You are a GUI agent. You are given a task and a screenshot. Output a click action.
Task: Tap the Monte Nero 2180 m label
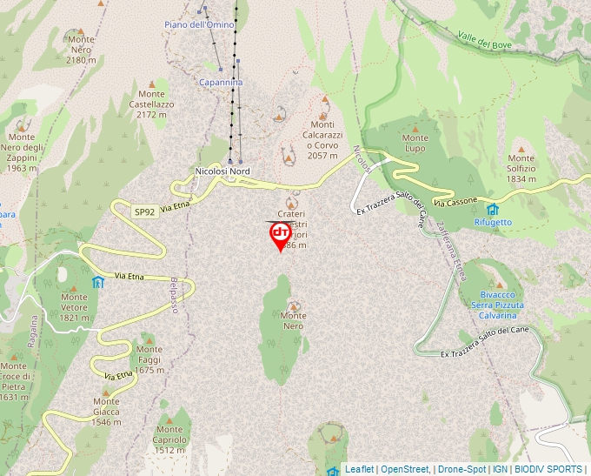(81, 49)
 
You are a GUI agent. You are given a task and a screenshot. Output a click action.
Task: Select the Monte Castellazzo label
(151, 104)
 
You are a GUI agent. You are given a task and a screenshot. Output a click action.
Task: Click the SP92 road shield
(144, 211)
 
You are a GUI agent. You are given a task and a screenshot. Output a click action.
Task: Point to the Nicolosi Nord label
(222, 171)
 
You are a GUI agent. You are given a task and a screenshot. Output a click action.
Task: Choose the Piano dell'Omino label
(199, 24)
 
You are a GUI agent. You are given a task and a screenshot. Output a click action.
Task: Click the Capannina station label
(221, 82)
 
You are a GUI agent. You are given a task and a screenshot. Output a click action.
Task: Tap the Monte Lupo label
(415, 143)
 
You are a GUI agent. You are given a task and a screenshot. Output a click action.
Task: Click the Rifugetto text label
(493, 222)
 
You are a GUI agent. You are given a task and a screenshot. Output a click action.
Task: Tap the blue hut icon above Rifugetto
(493, 209)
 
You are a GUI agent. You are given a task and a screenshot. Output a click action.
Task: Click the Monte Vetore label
(75, 306)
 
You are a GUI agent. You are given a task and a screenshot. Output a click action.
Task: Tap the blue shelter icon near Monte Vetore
(97, 282)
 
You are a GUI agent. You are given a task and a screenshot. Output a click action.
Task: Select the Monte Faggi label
(149, 365)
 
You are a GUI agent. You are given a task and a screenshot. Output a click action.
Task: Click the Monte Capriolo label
(169, 439)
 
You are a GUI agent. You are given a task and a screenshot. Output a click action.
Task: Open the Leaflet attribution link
(359, 469)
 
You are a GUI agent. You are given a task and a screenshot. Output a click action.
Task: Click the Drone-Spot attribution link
(461, 469)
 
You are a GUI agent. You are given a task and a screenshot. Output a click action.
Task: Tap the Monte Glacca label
(106, 416)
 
